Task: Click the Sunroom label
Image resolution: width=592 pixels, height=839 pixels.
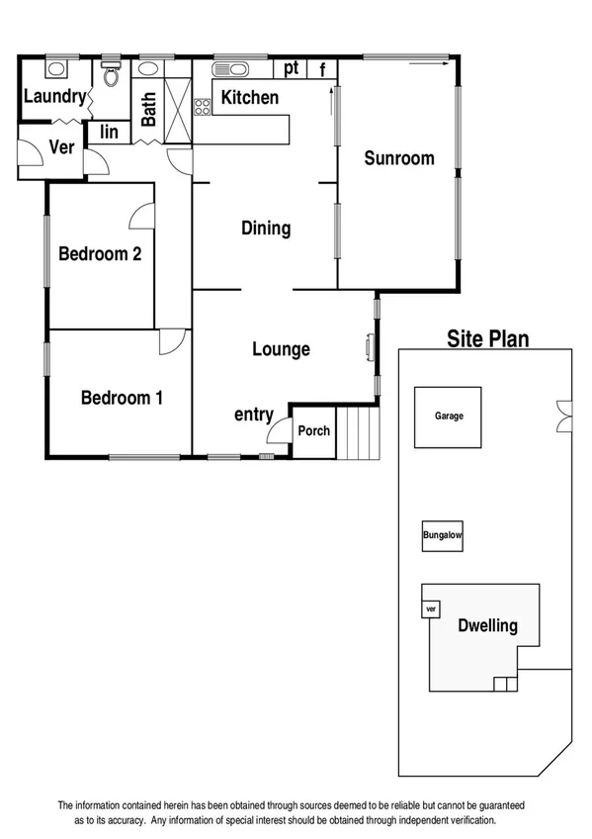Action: pyautogui.click(x=398, y=158)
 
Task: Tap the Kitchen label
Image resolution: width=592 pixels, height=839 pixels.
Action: pyautogui.click(x=249, y=98)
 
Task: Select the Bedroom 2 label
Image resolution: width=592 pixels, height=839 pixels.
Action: pyautogui.click(x=100, y=254)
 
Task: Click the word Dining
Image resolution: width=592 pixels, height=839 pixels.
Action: pyautogui.click(x=266, y=229)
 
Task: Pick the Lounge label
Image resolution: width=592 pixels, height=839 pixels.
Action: pyautogui.click(x=281, y=349)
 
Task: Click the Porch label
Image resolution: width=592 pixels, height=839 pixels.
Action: pyautogui.click(x=314, y=431)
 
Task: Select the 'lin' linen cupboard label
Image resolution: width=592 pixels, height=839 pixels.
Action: pyautogui.click(x=109, y=132)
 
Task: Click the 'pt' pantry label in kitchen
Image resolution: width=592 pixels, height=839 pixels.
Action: pyautogui.click(x=292, y=68)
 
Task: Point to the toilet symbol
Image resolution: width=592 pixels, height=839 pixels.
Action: pyautogui.click(x=111, y=73)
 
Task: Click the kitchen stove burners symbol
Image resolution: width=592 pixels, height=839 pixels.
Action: pyautogui.click(x=203, y=104)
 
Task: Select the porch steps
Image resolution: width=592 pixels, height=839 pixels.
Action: pyautogui.click(x=363, y=432)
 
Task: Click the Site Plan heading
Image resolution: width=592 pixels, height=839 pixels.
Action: pyautogui.click(x=488, y=339)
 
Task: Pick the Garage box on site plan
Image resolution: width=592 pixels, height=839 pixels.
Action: pyautogui.click(x=448, y=417)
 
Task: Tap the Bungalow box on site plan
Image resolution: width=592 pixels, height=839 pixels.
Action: pyautogui.click(x=442, y=537)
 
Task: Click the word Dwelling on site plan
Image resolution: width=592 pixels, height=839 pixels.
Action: pyautogui.click(x=487, y=626)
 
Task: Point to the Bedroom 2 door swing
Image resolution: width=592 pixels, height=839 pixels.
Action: pyautogui.click(x=144, y=215)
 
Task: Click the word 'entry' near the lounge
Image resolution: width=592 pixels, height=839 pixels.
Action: pyautogui.click(x=253, y=415)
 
